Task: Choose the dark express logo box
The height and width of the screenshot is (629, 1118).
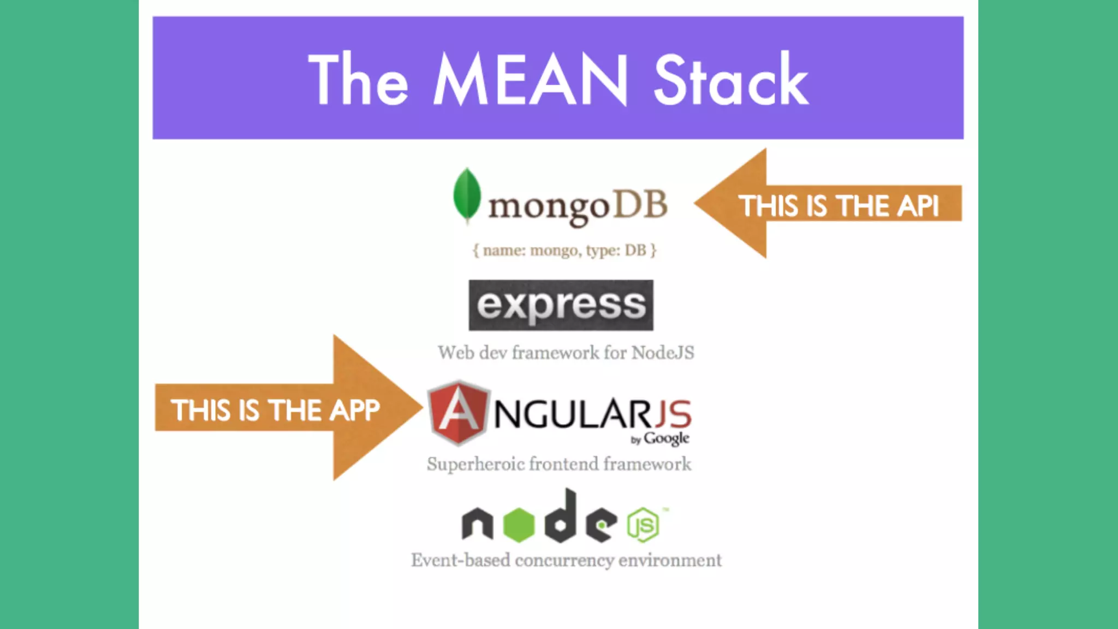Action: (561, 305)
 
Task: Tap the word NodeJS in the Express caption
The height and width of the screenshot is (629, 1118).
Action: (663, 353)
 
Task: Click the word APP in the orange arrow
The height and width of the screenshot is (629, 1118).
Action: (354, 410)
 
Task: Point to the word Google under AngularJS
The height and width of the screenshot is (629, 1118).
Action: (666, 438)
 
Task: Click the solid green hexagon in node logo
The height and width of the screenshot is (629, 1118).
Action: (518, 525)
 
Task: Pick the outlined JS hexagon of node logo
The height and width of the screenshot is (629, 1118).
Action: (643, 525)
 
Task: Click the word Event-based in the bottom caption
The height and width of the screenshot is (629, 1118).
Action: (461, 560)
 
